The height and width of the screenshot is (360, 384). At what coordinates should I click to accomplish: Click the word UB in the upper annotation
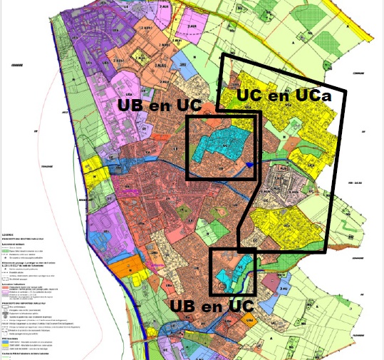[x=135, y=104]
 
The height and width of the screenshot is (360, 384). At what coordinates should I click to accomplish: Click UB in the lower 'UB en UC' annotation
[x=185, y=306]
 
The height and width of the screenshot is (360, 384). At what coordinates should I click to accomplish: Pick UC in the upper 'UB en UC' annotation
[x=190, y=104]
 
